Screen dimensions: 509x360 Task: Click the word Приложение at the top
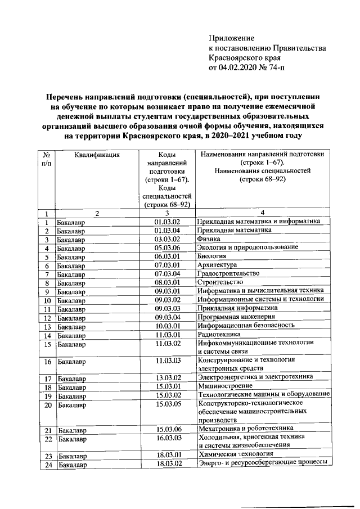tap(232, 38)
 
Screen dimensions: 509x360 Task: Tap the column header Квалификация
tap(97, 154)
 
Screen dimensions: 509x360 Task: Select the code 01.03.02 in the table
tap(167, 222)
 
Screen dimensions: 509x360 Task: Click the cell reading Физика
tap(209, 239)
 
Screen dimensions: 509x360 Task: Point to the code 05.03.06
tap(167, 248)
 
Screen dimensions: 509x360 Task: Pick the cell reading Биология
tap(213, 256)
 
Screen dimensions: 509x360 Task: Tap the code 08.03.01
tap(167, 282)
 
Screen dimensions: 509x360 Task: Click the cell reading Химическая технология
tap(236, 454)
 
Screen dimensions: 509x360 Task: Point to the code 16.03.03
tap(167, 438)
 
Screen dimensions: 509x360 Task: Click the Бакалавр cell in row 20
tap(71, 404)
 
